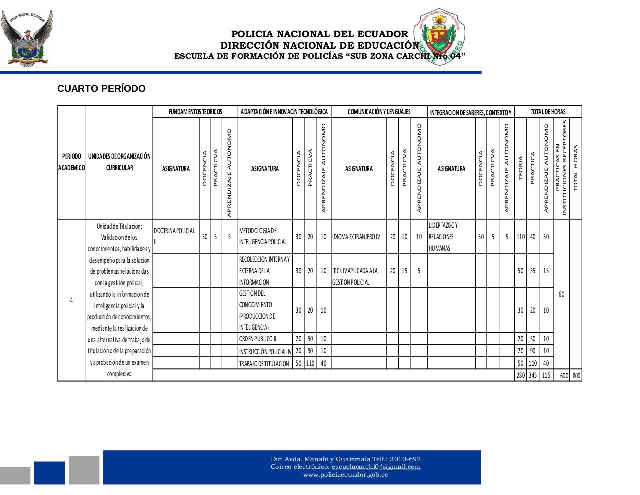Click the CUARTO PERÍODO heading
[x=101, y=89]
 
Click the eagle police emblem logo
[x=26, y=38]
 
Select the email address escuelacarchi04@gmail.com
[x=376, y=467]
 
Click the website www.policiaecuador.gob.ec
[x=345, y=475]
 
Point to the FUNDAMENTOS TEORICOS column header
[x=195, y=112]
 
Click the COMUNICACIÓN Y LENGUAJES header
[x=379, y=112]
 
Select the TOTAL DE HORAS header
[x=548, y=112]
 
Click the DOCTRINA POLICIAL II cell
[x=175, y=236]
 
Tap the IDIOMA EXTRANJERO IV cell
[x=358, y=237]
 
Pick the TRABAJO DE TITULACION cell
[x=265, y=364]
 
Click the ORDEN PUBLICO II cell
[x=265, y=339]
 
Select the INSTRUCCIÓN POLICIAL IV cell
[x=265, y=351]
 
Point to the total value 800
[x=576, y=376]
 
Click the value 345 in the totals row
[x=533, y=376]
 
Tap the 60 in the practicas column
[x=561, y=294]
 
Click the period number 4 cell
[x=71, y=300]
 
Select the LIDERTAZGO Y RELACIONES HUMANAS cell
[x=451, y=237]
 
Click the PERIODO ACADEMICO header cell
[x=71, y=162]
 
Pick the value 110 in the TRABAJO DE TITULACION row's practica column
[x=310, y=364]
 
